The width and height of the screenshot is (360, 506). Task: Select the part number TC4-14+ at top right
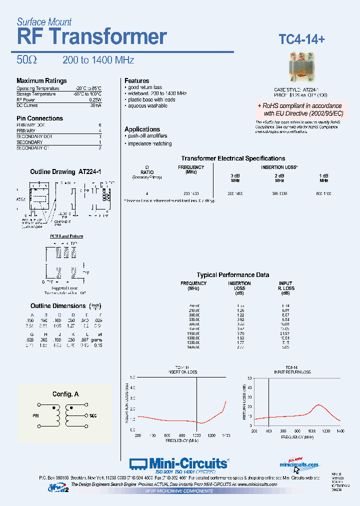tap(301, 39)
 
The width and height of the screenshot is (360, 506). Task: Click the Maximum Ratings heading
tap(41, 81)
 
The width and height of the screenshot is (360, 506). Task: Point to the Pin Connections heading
tap(40, 118)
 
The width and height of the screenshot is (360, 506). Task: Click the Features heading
tap(137, 81)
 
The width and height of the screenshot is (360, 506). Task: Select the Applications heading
tap(142, 129)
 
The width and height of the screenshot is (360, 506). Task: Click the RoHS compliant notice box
tap(300, 110)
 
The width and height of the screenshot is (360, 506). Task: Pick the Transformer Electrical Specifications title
tap(233, 158)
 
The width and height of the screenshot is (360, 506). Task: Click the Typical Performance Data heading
tap(233, 275)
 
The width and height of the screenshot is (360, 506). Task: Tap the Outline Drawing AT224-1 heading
tap(65, 171)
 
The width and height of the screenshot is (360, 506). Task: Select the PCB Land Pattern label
tap(66, 236)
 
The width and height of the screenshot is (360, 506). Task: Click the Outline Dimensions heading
tap(58, 306)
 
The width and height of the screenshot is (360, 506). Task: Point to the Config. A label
tap(65, 394)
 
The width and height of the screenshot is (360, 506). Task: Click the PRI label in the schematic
tap(36, 415)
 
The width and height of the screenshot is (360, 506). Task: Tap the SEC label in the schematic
tap(92, 415)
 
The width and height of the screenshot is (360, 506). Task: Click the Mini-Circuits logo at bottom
tap(179, 463)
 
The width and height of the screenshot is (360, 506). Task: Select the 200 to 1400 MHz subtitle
tap(98, 60)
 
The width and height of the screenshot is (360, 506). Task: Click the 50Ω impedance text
tap(26, 60)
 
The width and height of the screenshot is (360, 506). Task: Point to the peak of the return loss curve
tap(317, 405)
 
